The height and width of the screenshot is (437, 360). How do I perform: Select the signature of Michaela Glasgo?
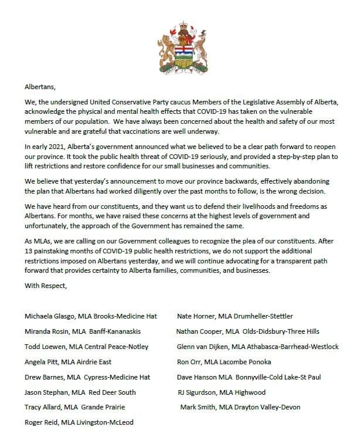(91, 316)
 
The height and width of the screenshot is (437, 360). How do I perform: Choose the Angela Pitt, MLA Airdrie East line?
(68, 362)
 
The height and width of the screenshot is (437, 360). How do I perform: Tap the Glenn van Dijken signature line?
(257, 347)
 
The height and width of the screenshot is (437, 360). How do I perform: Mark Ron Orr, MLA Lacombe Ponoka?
(224, 362)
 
